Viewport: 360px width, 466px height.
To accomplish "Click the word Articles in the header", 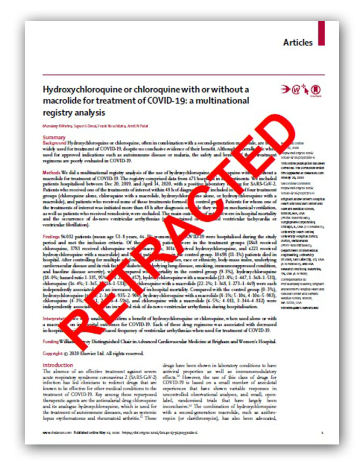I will tap(298, 43).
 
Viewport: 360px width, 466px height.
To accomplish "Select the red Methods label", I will tap(52, 171).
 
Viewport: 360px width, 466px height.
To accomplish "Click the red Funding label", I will tap(53, 341).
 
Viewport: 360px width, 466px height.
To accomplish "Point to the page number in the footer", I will tap(321, 432).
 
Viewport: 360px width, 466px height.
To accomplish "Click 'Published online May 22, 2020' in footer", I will tap(102, 432).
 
